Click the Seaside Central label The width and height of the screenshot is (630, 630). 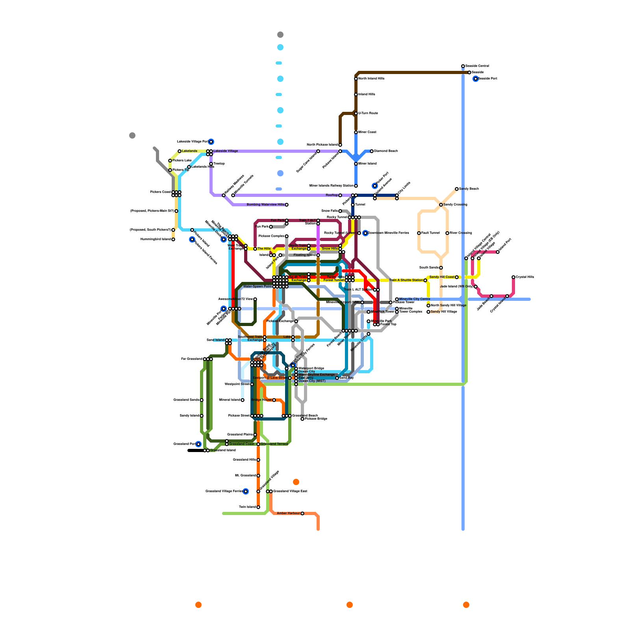point(477,66)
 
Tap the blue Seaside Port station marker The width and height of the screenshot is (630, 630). point(476,79)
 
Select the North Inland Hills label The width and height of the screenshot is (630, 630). point(371,79)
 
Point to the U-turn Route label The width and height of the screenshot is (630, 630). point(368,113)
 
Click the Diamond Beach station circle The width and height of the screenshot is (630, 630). point(372,151)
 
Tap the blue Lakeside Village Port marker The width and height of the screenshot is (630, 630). point(211,142)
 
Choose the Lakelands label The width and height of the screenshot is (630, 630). point(189,151)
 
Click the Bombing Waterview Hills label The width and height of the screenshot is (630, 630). point(265,205)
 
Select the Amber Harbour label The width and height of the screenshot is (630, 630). point(288,513)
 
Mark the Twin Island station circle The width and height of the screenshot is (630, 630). point(258,507)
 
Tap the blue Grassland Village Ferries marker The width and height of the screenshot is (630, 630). point(246,491)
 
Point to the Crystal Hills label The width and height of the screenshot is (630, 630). point(525,277)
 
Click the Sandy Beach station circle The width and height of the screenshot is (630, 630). point(457,189)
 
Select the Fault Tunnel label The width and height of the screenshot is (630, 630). point(430,233)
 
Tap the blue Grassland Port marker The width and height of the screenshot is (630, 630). point(198,444)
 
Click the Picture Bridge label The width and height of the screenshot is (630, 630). point(316,419)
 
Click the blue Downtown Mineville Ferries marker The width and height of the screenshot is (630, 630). point(365,233)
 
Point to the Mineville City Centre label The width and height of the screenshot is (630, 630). point(415,299)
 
